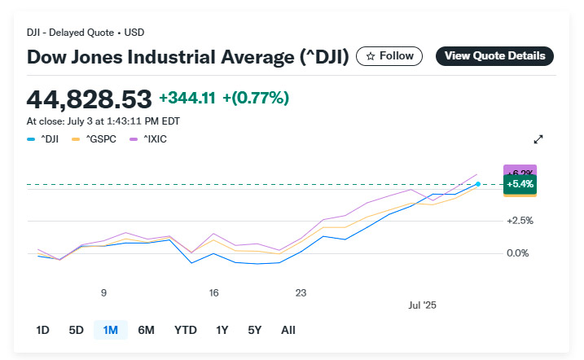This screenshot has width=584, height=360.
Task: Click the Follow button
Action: click(389, 55)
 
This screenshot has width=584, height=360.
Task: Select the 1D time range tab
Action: click(42, 330)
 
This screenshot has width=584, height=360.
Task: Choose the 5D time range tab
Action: click(76, 330)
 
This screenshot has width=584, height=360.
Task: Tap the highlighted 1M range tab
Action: click(110, 330)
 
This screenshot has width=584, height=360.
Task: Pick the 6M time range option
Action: click(147, 330)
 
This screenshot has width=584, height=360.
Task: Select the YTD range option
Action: click(185, 330)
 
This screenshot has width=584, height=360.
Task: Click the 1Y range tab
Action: click(222, 330)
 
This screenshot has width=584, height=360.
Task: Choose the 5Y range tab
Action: click(254, 330)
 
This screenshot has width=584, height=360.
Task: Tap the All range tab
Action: click(288, 330)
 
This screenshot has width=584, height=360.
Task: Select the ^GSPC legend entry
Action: click(94, 138)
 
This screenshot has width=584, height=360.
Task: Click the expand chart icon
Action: click(538, 139)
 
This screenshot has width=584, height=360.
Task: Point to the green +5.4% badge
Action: click(520, 185)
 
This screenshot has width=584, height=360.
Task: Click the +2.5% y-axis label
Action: click(520, 221)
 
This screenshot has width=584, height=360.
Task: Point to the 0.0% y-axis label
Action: click(519, 253)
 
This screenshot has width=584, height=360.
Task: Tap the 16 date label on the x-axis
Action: click(213, 292)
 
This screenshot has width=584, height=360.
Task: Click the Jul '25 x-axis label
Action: click(422, 305)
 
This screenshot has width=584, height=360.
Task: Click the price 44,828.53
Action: click(90, 99)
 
